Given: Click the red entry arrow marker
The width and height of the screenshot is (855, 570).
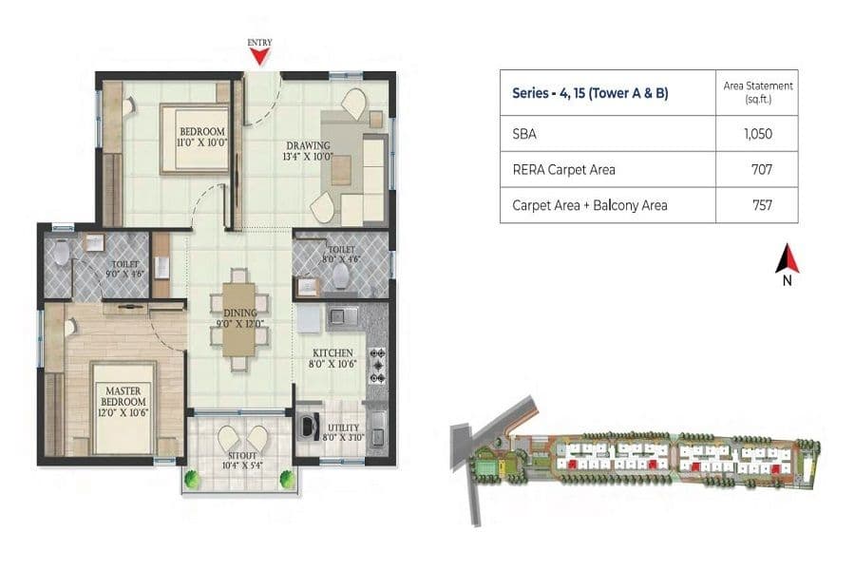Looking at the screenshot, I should point(258,58).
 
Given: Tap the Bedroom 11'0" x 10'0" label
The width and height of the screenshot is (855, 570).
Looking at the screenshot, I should point(200,136).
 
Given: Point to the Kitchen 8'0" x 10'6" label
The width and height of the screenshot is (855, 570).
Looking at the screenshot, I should point(333,357).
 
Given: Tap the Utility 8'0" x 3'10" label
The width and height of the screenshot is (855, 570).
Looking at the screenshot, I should point(342,433).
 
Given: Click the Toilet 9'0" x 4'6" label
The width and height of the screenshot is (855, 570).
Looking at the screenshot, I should point(126,269).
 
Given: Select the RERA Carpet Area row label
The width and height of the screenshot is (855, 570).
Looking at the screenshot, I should point(563,169).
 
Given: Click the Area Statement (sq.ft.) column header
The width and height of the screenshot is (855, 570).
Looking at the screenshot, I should point(757,92).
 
